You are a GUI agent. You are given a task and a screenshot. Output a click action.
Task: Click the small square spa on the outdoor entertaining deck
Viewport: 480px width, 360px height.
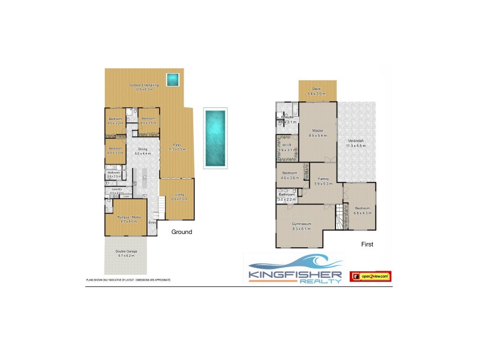[x=173, y=79]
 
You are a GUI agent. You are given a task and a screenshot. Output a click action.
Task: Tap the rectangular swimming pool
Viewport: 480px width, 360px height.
[x=214, y=138]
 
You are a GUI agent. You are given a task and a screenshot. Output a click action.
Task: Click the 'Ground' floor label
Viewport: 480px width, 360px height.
[x=182, y=232]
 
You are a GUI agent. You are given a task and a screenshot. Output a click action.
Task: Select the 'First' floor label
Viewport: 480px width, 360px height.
[x=367, y=244]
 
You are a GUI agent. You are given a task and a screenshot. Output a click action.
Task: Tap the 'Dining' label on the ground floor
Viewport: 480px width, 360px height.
[x=142, y=149]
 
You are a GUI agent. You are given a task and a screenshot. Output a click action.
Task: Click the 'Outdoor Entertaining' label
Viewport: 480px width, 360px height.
[x=144, y=85]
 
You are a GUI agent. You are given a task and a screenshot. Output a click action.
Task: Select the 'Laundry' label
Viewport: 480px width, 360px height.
[x=116, y=190]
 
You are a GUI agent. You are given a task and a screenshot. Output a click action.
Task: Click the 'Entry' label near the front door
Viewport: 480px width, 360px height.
[x=152, y=223]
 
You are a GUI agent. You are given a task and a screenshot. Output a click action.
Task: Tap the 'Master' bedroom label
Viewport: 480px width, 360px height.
[x=317, y=131]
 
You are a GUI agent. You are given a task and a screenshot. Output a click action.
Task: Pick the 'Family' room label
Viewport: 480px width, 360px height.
[x=323, y=179]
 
